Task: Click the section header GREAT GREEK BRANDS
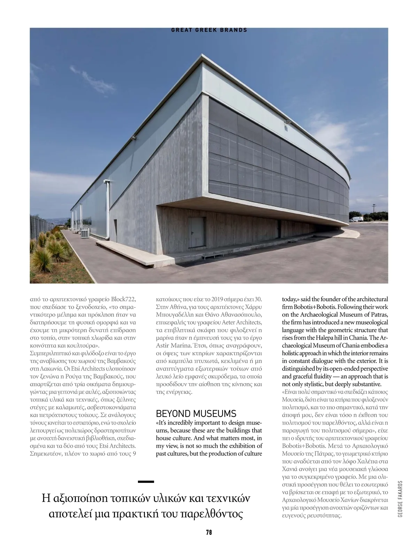click(209, 30)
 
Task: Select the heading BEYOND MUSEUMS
click(196, 413)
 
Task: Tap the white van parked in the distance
click(356, 219)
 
